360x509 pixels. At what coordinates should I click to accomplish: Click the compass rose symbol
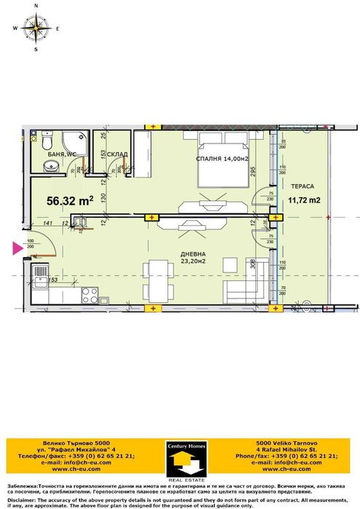[x=35, y=28]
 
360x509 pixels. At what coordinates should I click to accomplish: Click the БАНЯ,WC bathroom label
[x=58, y=154]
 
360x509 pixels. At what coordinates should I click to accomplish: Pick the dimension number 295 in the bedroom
[x=251, y=173]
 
